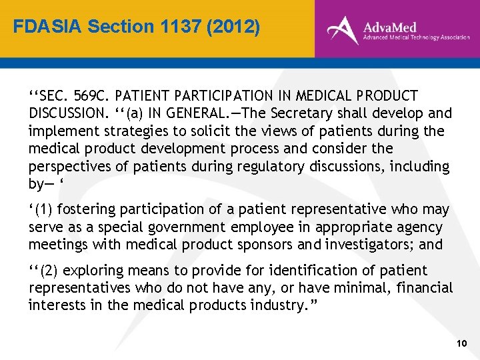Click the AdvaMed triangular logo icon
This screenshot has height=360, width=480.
tap(342, 29)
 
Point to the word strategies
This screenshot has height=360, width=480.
tap(122, 131)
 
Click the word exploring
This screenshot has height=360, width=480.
tap(91, 271)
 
